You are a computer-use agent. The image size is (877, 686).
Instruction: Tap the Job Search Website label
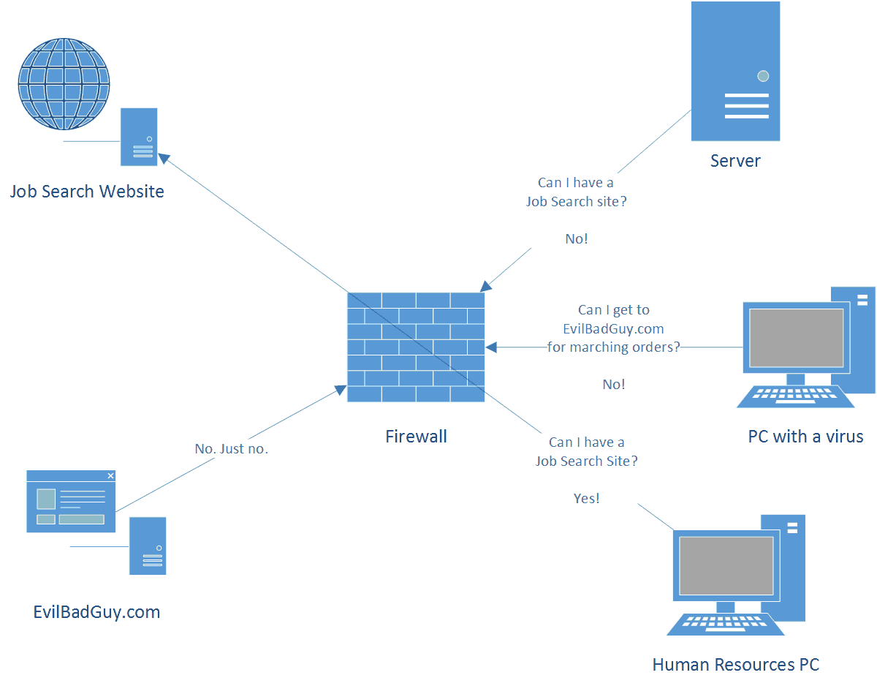click(x=87, y=192)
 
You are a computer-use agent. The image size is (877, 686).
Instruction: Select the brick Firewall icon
click(x=416, y=347)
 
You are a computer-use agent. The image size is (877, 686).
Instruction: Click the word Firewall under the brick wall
click(x=416, y=437)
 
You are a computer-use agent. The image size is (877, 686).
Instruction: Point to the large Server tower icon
click(x=735, y=71)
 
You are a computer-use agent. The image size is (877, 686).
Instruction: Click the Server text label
click(x=735, y=161)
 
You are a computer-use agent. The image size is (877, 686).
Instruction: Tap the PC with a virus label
click(x=805, y=437)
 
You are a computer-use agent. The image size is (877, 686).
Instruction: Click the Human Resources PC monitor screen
click(x=726, y=565)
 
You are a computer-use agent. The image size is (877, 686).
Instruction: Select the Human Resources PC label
click(x=735, y=665)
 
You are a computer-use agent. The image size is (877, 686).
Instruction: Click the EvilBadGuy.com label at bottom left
click(x=96, y=612)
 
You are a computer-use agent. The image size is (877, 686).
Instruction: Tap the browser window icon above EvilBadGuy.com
click(x=71, y=501)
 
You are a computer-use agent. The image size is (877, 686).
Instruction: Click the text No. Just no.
click(x=231, y=449)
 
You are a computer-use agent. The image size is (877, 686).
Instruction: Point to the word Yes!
click(x=586, y=499)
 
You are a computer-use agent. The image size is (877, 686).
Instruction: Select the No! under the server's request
click(x=576, y=239)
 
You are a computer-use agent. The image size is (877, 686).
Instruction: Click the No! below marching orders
click(x=613, y=385)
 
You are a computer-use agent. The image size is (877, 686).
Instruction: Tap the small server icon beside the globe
click(x=139, y=137)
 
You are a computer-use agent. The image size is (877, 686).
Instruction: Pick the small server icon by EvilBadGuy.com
click(x=148, y=546)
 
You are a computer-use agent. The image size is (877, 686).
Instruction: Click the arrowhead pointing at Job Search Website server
click(x=164, y=157)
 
